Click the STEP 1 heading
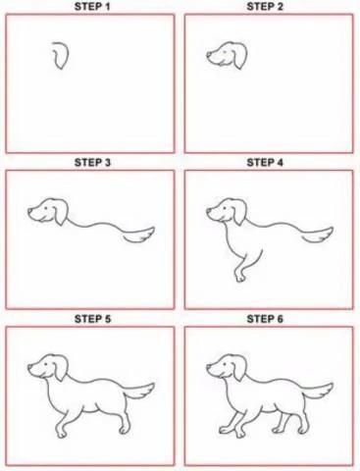pyautogui.click(x=92, y=7)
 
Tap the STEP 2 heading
pyautogui.click(x=265, y=7)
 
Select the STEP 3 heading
pyautogui.click(x=92, y=163)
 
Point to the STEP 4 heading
pyautogui.click(x=265, y=163)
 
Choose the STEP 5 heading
pyautogui.click(x=92, y=319)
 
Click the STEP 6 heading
pyautogui.click(x=265, y=319)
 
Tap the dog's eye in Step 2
pyautogui.click(x=225, y=52)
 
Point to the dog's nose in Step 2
pyautogui.click(x=208, y=55)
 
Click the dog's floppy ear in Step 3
pyautogui.click(x=61, y=213)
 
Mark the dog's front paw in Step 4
pyautogui.click(x=240, y=277)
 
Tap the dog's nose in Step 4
pyautogui.click(x=208, y=211)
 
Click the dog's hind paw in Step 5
pyautogui.click(x=124, y=429)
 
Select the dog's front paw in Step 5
pyautogui.click(x=61, y=433)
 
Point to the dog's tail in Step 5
pyautogui.click(x=140, y=391)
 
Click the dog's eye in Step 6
pyautogui.click(x=225, y=364)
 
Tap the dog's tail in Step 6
pyautogui.click(x=319, y=391)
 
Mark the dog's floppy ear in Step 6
pyautogui.click(x=240, y=369)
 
